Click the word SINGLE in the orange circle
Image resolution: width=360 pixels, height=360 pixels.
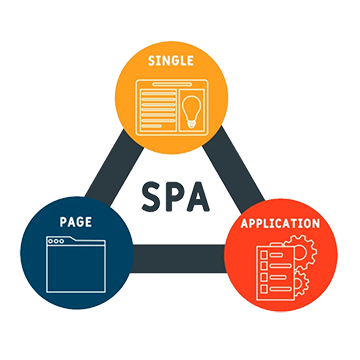171,61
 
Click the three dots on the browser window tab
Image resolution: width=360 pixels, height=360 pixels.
57,242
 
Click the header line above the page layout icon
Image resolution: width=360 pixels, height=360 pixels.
171,83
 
